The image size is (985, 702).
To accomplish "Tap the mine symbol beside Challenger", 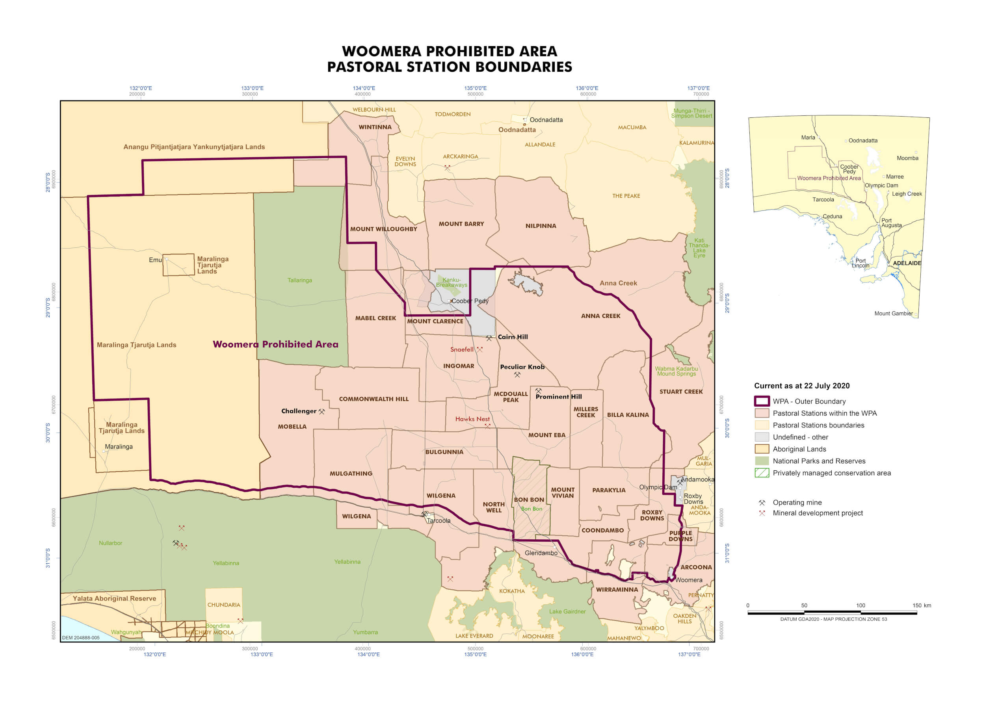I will (322, 412).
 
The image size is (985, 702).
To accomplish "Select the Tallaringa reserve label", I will (299, 280).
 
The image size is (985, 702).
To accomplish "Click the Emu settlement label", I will (155, 260).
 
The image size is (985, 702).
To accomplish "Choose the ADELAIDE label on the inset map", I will (907, 263).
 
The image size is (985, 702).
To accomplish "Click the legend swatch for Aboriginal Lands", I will (762, 449).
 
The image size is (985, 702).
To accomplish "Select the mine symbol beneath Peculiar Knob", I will (517, 375).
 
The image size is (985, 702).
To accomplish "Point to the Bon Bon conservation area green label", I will (531, 509).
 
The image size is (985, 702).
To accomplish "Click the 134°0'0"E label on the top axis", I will (364, 88).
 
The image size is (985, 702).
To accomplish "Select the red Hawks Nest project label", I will (472, 419).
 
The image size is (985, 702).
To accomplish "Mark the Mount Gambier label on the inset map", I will (893, 314).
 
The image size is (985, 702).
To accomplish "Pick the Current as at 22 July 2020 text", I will (801, 386).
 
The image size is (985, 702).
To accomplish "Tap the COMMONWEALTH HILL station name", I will (374, 399).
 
